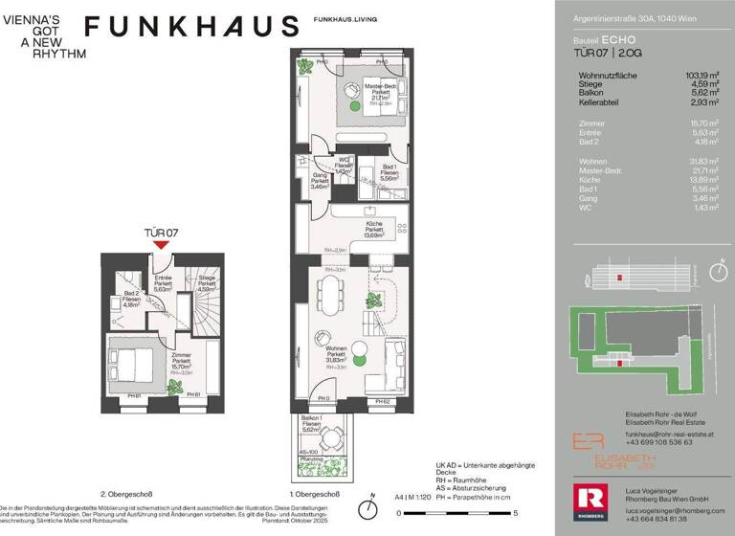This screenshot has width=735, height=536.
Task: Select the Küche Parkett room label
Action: pyautogui.click(x=374, y=227)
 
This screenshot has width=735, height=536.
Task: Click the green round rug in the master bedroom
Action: pyautogui.click(x=355, y=107)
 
